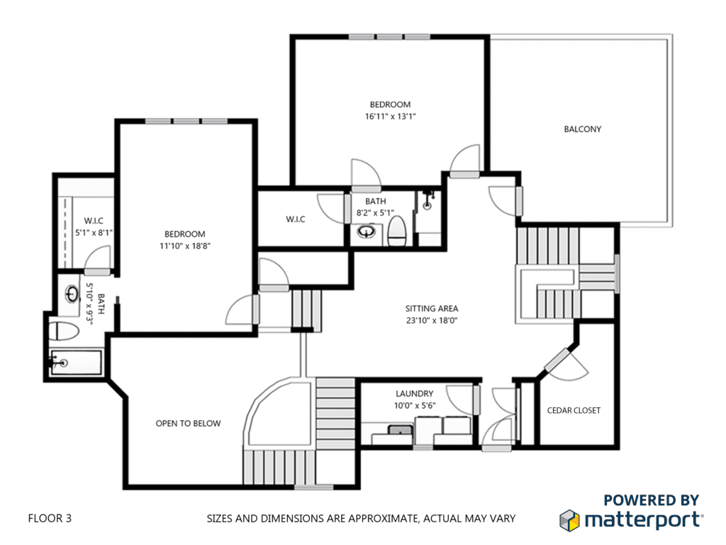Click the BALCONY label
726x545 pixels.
pos(583,129)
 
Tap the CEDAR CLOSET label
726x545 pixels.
pos(574,411)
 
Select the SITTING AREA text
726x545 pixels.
pos(432,309)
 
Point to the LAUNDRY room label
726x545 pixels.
pos(414,394)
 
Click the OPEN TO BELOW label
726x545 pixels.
pos(188,424)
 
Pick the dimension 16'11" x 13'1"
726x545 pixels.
pos(391,117)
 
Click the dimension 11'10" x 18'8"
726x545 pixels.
pos(185,246)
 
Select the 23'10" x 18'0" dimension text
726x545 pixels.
pos(432,320)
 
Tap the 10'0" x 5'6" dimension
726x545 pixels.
pos(414,406)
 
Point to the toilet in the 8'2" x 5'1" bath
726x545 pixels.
pos(397,231)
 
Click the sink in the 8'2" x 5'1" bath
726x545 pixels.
pos(367,231)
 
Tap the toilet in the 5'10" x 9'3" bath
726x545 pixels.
pos(64,331)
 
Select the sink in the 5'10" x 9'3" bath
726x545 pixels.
pos(72,294)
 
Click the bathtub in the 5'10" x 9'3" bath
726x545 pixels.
pos(75,363)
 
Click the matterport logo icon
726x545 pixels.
pos(569,520)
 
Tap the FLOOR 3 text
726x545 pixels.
pos(50,518)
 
